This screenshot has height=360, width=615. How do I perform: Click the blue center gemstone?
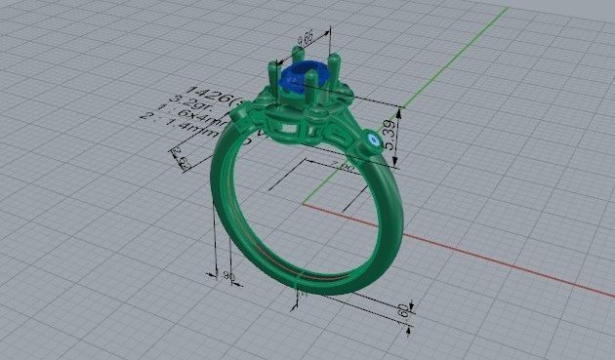coord(294,82)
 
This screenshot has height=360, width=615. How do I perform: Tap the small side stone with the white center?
coord(374,141)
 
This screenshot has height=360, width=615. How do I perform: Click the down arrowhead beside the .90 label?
coord(216,273)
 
